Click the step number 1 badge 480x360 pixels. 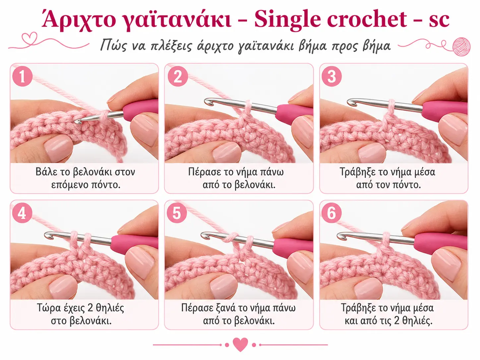pyautogui.click(x=22, y=76)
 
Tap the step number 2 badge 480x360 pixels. pyautogui.click(x=178, y=76)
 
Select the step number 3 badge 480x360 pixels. pyautogui.click(x=331, y=76)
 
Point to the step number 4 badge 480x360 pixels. pyautogui.click(x=22, y=213)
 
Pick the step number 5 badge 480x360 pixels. pyautogui.click(x=177, y=213)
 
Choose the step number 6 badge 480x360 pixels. pyautogui.click(x=331, y=213)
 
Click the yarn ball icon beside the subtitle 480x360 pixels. pyautogui.click(x=461, y=46)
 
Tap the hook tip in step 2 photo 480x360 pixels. pyautogui.click(x=208, y=101)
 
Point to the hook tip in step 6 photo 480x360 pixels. pyautogui.click(x=340, y=236)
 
